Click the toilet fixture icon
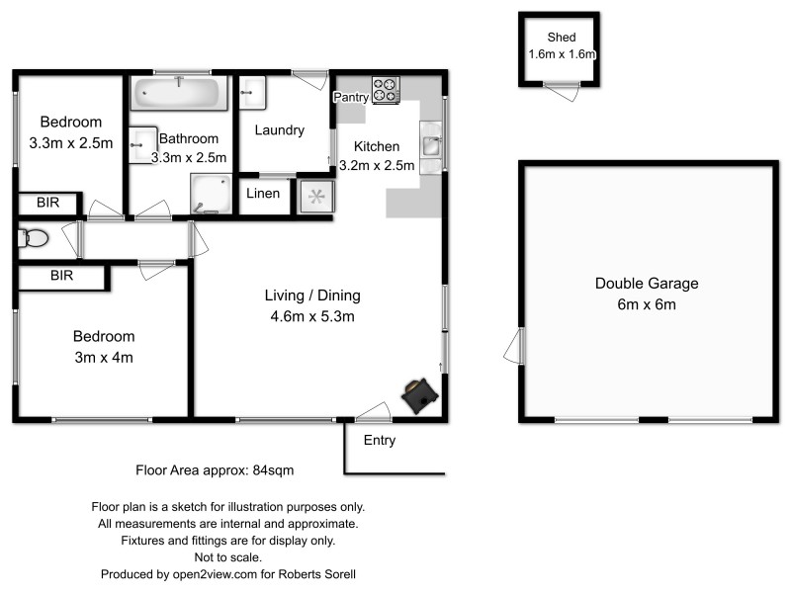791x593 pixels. click(34, 238)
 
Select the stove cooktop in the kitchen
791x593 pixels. click(386, 90)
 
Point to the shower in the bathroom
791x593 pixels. click(210, 194)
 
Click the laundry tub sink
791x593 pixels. click(252, 93)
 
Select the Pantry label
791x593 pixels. click(351, 97)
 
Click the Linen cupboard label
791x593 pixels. click(263, 194)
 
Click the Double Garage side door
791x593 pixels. click(513, 347)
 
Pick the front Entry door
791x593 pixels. click(373, 413)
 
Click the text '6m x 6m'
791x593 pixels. click(647, 304)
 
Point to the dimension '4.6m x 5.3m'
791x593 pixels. click(311, 316)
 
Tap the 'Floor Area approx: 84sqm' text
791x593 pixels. click(215, 469)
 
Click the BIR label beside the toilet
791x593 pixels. click(61, 276)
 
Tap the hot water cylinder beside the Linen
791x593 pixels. click(316, 196)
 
